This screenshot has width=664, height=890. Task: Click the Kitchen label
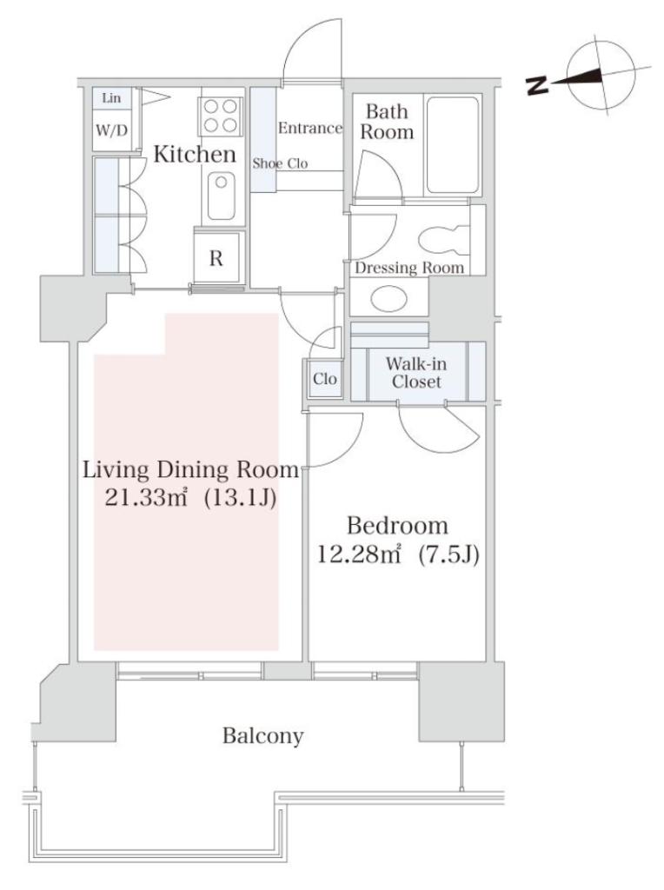[195, 155]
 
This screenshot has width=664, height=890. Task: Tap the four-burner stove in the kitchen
[220, 116]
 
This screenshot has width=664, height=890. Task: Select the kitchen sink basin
[221, 196]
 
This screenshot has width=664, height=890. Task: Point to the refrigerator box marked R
[216, 258]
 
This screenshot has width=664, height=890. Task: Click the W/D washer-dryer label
[111, 131]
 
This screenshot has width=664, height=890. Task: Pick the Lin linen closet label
[111, 98]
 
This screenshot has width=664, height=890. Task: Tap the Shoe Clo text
[281, 163]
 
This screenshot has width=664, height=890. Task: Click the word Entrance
[310, 129]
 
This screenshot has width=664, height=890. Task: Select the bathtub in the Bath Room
[452, 145]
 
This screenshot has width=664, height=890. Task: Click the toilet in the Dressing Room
[444, 241]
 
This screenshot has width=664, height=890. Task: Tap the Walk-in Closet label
[416, 372]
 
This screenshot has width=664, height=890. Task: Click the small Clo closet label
[325, 379]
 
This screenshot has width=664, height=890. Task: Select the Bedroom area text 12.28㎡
[358, 554]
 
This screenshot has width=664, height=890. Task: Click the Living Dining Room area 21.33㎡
[146, 498]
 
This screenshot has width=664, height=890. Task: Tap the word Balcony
[262, 736]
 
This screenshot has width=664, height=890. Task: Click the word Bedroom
[397, 526]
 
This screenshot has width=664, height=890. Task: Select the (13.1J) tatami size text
[240, 498]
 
